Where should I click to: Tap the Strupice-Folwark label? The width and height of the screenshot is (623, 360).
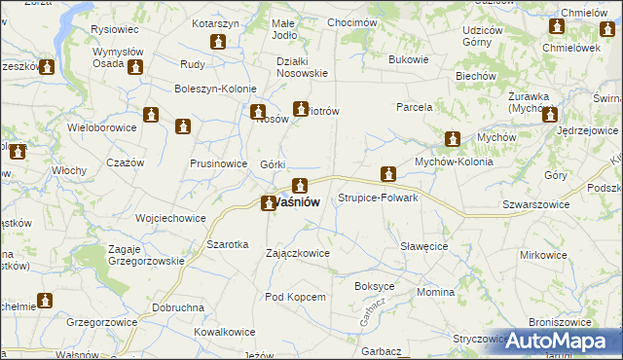[378, 198]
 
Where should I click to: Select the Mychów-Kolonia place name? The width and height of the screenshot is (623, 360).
[454, 162]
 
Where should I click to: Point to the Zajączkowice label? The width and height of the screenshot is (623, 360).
[298, 253]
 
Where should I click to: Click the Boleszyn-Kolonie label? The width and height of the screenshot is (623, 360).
[215, 89]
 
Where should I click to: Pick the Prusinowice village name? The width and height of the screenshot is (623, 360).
[218, 163]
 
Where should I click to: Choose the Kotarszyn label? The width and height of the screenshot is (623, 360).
[216, 22]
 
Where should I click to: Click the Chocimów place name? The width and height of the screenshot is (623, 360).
[352, 22]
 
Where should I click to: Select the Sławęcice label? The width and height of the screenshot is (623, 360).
[424, 246]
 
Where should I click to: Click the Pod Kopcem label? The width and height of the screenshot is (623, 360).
[293, 296]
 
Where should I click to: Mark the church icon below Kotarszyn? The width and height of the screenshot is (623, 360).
[218, 44]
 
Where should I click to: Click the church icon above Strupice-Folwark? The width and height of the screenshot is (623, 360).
[388, 175]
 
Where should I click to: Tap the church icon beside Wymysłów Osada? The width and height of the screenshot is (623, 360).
[134, 67]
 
